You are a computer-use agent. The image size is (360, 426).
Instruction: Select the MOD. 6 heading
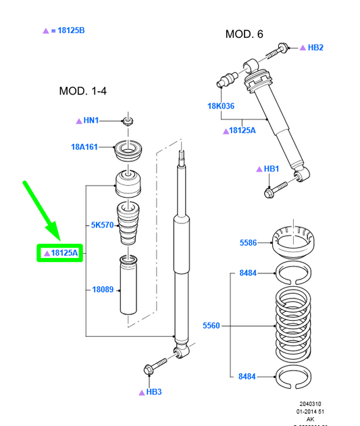pyautogui.click(x=245, y=34)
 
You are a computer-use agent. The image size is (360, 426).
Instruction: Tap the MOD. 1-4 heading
pyautogui.click(x=83, y=90)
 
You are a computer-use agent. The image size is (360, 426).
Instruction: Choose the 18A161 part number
pyautogui.click(x=84, y=147)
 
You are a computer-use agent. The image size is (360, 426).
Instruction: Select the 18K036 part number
pyautogui.click(x=221, y=106)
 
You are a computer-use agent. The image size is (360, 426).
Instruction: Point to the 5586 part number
pyautogui.click(x=249, y=242)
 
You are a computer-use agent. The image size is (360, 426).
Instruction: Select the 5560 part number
pyautogui.click(x=212, y=326)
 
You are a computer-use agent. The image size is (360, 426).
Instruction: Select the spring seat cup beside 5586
pyautogui.click(x=294, y=241)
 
